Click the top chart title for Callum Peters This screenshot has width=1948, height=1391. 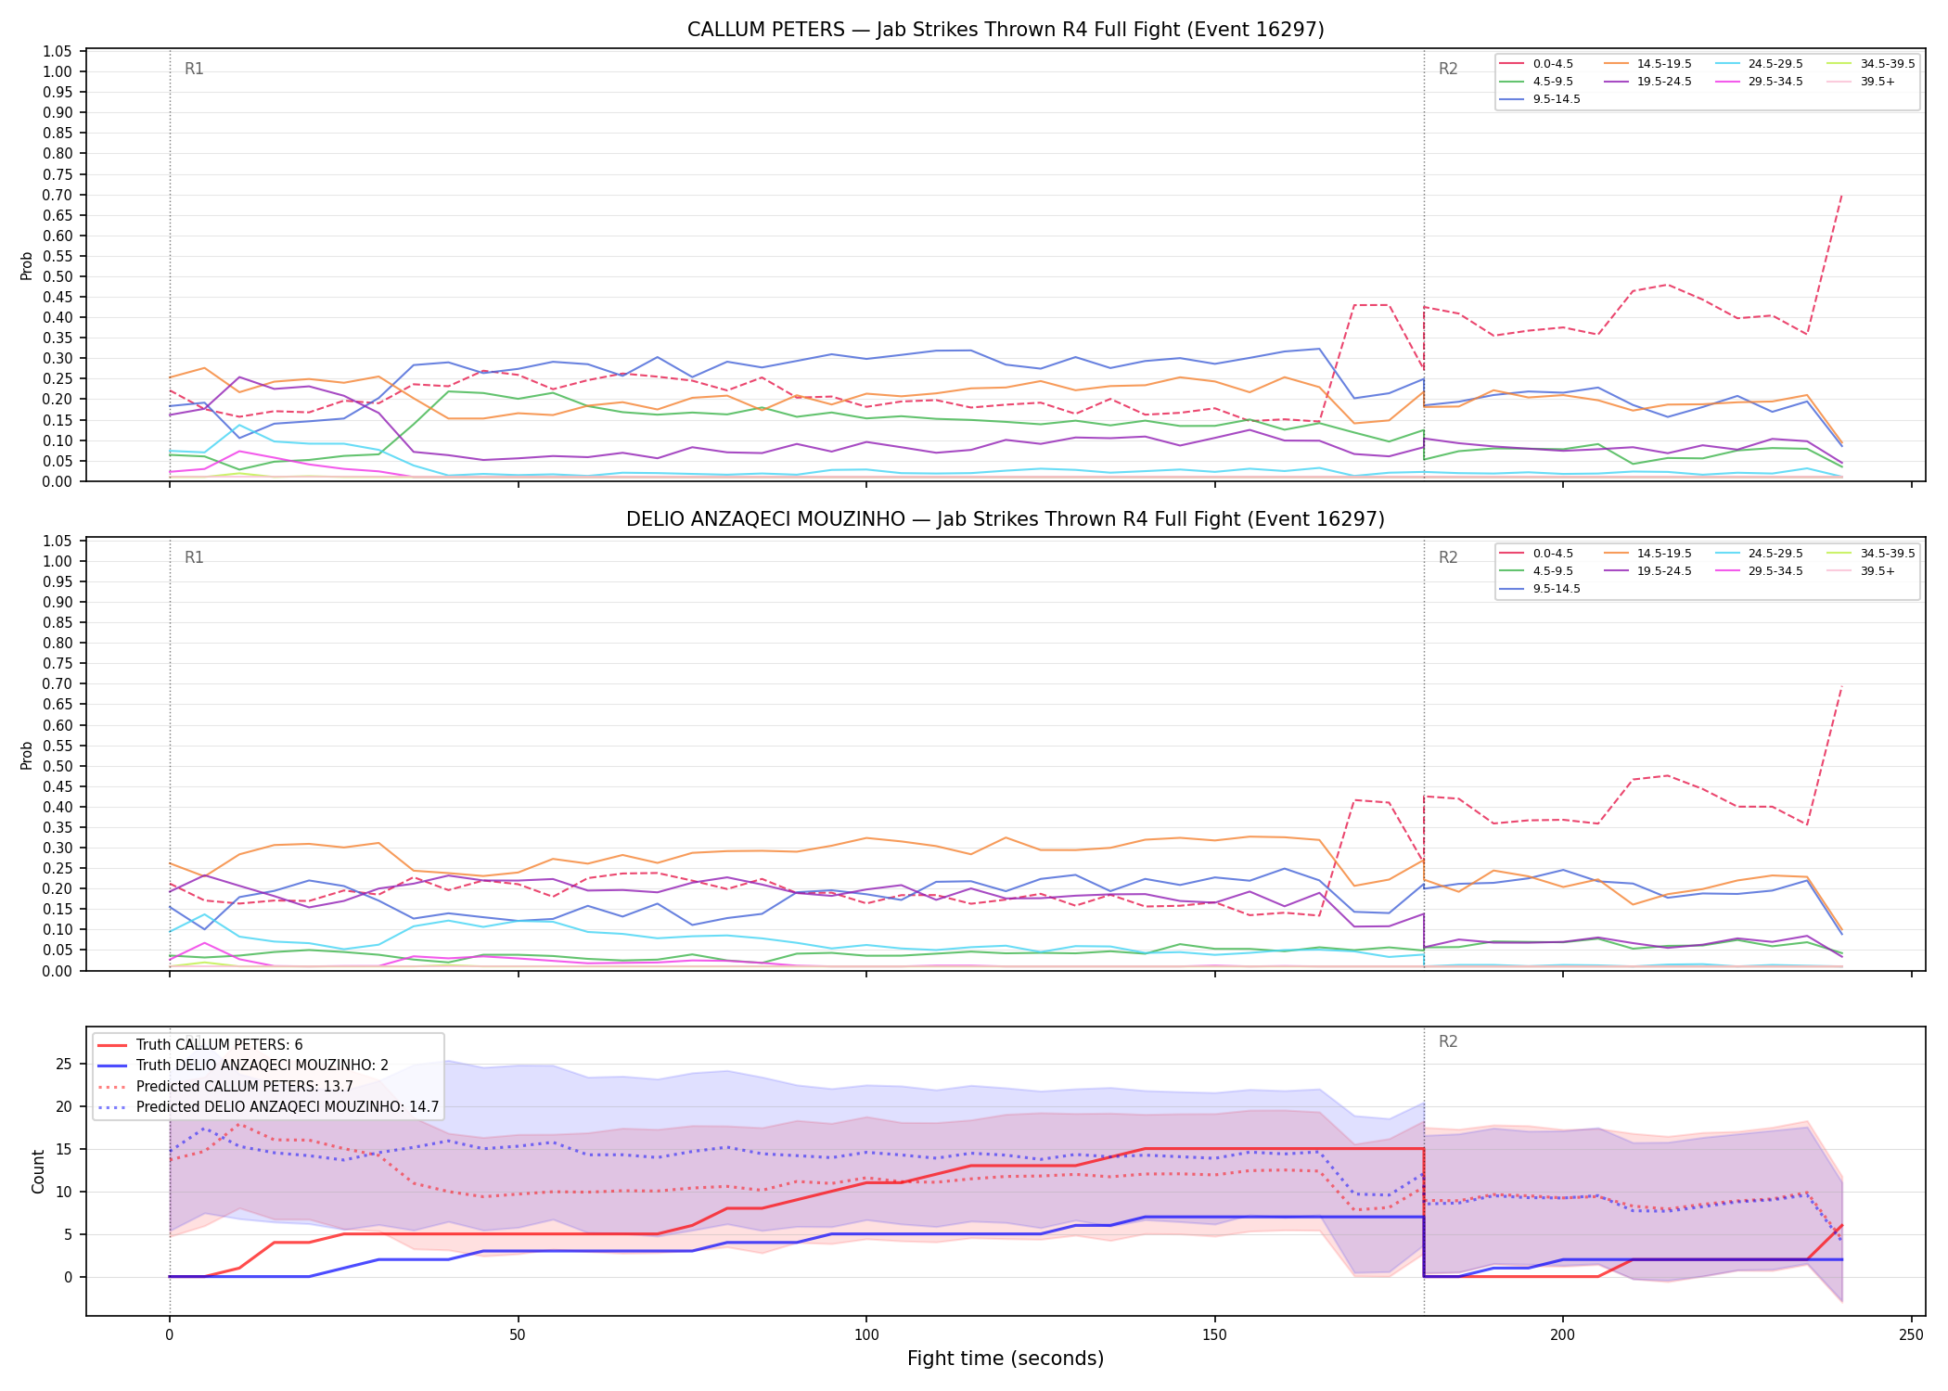(x=1006, y=30)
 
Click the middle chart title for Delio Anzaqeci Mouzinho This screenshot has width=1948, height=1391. (x=1006, y=519)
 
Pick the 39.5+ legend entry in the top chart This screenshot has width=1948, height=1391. (x=1861, y=82)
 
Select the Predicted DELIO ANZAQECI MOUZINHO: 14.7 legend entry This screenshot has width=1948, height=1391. (x=268, y=1106)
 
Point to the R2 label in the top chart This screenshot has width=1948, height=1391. (x=1448, y=69)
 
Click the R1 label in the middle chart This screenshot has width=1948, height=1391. (x=194, y=557)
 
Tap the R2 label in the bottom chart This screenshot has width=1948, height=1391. (x=1448, y=1041)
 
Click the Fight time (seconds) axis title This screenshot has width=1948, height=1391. (x=1006, y=1359)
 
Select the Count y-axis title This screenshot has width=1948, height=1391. (x=38, y=1171)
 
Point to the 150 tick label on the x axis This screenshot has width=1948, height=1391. (x=1214, y=1335)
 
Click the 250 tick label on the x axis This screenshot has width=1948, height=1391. (x=1911, y=1335)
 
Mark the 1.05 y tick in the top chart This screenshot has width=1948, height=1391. (x=57, y=51)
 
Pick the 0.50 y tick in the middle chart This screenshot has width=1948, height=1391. (x=57, y=766)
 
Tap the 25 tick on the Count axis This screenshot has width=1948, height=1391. (x=64, y=1064)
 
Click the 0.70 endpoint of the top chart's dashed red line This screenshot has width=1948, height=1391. (x=1841, y=195)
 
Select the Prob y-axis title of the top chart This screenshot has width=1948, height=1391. (x=27, y=265)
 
